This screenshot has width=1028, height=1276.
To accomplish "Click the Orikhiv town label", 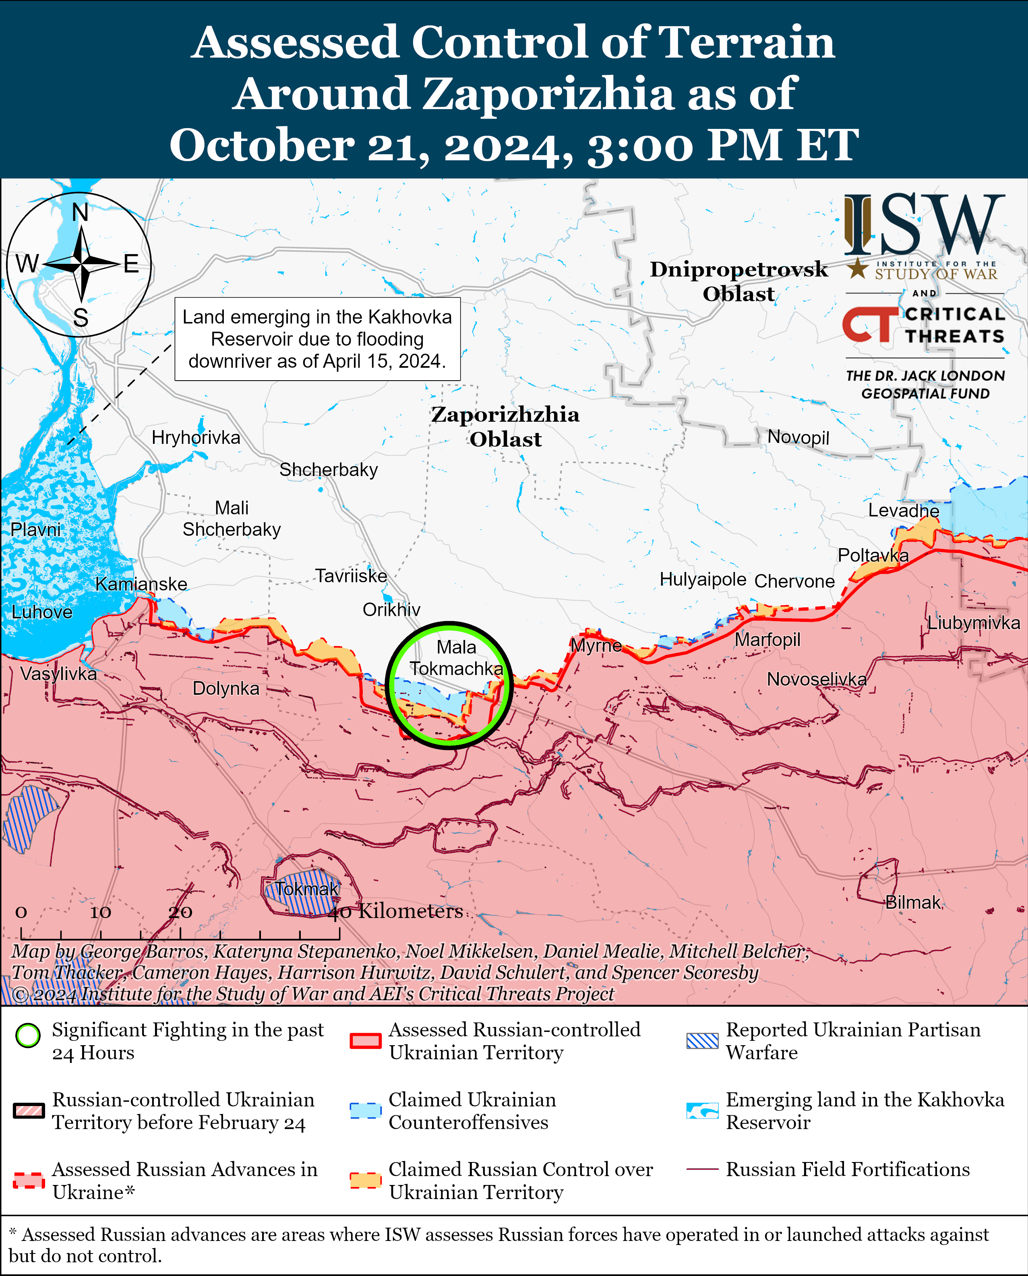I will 391,609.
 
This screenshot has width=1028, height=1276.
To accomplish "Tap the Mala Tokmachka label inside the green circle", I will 457,658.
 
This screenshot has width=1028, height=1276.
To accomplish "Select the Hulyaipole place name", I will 703,579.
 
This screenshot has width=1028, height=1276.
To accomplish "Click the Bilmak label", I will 912,902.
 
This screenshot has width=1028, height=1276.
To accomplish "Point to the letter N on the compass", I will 80,212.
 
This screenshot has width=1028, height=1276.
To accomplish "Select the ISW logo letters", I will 924,225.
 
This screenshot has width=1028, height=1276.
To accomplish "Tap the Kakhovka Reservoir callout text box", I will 317,339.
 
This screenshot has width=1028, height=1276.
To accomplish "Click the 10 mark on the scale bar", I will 100,912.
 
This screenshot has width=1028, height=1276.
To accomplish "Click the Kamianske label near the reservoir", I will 141,584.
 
